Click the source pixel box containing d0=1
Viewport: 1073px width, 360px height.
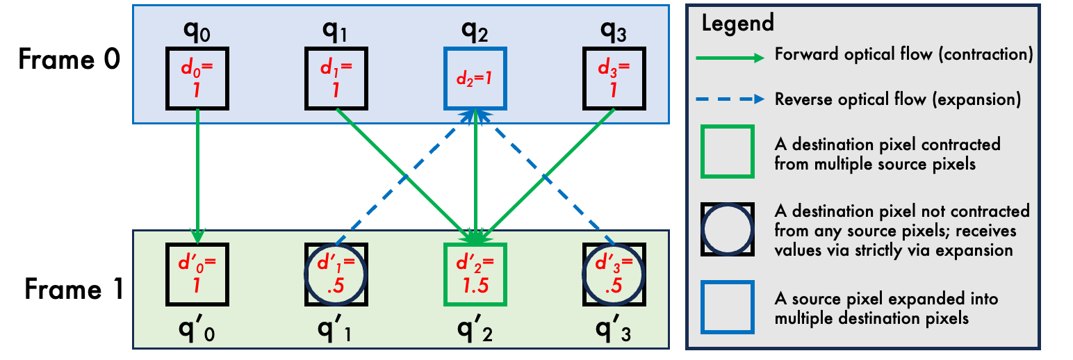pos(197,78)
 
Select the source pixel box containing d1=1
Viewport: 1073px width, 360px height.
pos(336,78)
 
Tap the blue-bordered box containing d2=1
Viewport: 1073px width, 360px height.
pos(475,78)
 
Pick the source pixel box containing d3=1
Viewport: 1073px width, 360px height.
pos(614,78)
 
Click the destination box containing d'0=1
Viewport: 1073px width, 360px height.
pos(197,274)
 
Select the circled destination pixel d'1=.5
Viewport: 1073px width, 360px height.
pos(336,274)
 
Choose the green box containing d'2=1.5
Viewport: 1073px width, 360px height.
pos(475,274)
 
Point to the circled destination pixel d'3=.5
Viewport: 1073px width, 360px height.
pos(614,274)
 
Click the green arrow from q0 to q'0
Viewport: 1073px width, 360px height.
pos(198,174)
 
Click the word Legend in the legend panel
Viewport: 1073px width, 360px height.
pos(737,23)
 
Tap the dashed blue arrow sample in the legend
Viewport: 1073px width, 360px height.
pos(732,99)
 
